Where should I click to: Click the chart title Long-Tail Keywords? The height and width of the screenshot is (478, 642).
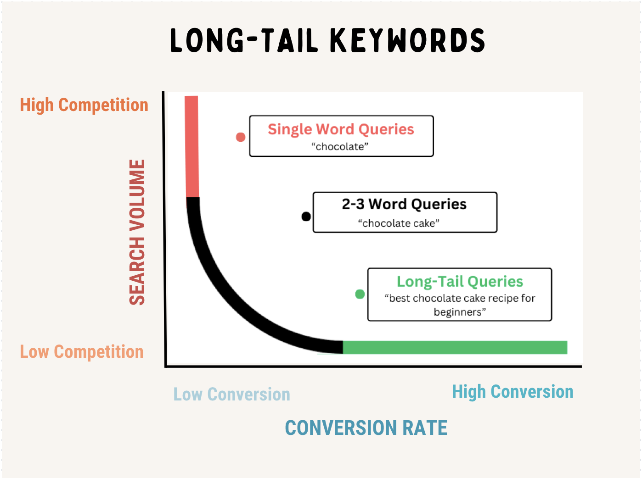click(x=327, y=40)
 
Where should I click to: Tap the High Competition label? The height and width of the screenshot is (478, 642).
click(x=84, y=105)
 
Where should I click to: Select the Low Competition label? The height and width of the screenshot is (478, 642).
click(x=82, y=351)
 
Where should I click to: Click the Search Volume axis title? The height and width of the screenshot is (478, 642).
click(x=137, y=232)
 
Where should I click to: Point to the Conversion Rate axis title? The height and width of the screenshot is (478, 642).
click(x=366, y=428)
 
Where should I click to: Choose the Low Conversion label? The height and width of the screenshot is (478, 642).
click(x=231, y=394)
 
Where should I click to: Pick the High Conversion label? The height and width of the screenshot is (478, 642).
click(x=512, y=391)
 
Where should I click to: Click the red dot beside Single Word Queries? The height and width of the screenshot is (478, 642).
click(x=241, y=137)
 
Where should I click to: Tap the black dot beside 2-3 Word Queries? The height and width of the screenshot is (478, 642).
click(x=306, y=217)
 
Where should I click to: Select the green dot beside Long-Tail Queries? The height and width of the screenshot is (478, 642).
click(x=360, y=294)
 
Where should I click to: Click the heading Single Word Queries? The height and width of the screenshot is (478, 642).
click(x=341, y=129)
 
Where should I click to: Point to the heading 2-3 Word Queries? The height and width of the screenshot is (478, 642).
click(x=404, y=204)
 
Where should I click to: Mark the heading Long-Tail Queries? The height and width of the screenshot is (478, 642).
click(x=460, y=282)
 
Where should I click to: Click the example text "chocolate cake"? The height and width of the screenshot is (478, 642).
click(x=399, y=223)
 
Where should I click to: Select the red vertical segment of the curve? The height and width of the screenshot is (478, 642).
click(x=192, y=147)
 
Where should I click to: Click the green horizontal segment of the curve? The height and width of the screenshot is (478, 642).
click(x=455, y=347)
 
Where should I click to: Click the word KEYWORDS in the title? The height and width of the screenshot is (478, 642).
click(x=408, y=40)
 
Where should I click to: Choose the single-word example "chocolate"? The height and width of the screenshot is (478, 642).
click(x=339, y=146)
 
